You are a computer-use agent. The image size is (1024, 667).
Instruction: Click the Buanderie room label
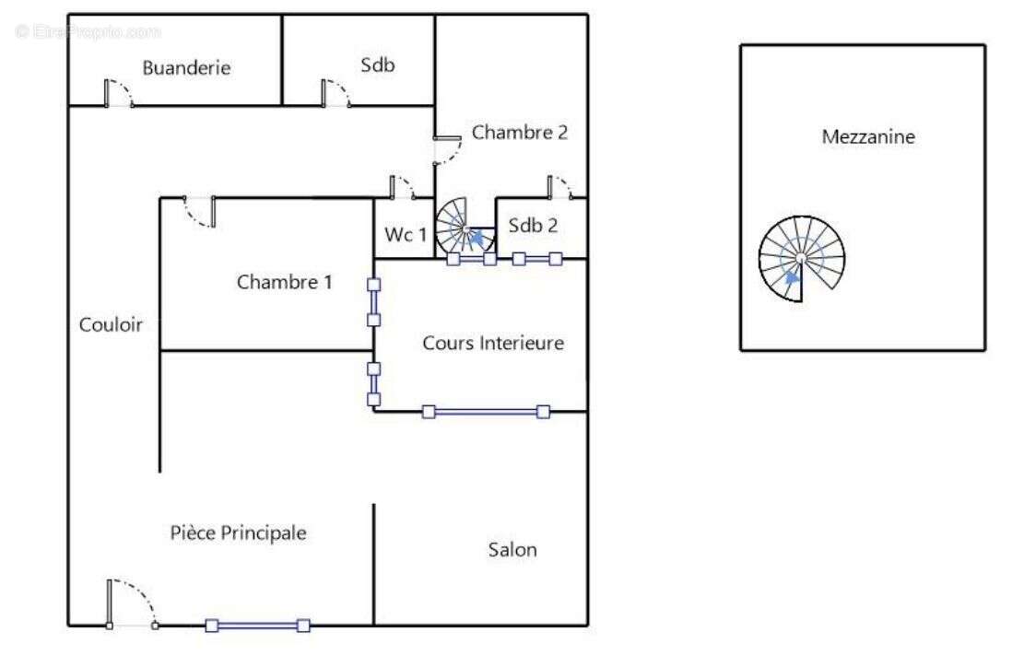coord(185,68)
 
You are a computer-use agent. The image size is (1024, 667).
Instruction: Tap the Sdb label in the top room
coord(377,64)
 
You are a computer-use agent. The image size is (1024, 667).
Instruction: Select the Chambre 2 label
coord(519,133)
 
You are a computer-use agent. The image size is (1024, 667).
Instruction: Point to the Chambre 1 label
coord(284,282)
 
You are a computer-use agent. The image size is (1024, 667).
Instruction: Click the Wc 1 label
coord(406,235)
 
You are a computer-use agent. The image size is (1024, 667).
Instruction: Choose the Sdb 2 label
coord(534,226)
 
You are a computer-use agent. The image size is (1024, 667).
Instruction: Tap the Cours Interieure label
coord(492,344)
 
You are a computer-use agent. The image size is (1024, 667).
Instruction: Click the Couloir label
coord(111,324)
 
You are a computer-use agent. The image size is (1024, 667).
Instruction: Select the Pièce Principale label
coord(238,532)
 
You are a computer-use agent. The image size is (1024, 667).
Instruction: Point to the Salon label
coord(512,550)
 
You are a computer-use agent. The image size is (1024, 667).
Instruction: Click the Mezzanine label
coord(868,137)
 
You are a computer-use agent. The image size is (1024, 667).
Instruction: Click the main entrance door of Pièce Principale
coord(131,604)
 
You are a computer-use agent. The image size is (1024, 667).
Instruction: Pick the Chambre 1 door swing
coord(200,213)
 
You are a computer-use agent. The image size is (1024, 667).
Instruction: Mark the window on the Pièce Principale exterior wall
coord(257,626)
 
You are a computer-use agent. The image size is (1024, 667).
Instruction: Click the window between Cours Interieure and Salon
coord(486,412)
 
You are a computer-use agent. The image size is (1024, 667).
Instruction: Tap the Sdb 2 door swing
coord(559,187)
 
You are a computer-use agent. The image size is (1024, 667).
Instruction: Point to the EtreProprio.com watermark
coord(88,31)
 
